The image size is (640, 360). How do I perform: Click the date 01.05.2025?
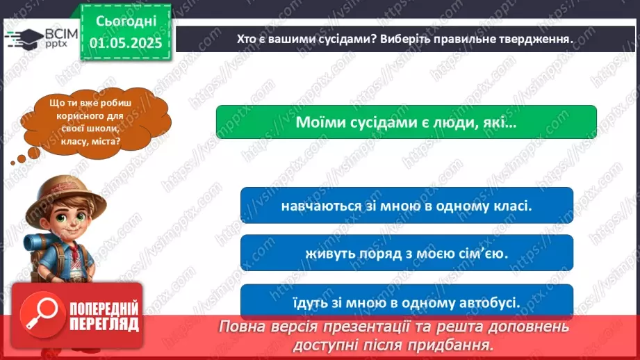coord(126,43)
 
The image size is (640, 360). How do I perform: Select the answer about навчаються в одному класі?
coord(407,206)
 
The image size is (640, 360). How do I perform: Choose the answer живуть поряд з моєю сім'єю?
coord(407,253)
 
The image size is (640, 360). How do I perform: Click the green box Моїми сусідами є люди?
coord(407,122)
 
